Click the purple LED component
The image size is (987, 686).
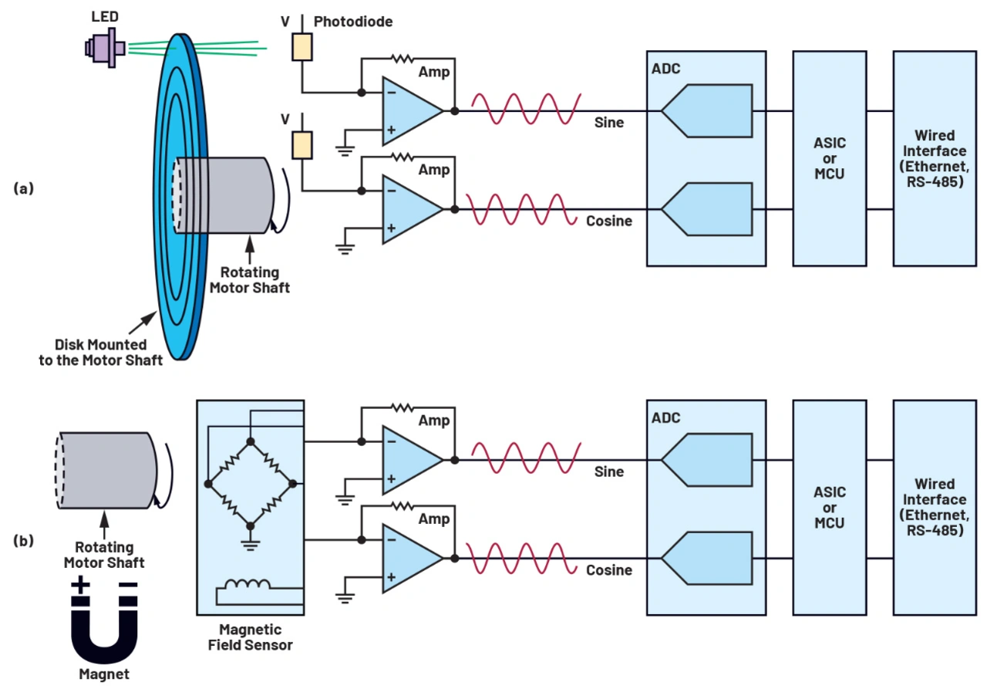pos(106,47)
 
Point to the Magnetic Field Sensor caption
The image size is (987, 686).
pos(251,637)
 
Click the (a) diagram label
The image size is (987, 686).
pos(24,188)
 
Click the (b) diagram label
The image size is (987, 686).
pos(24,540)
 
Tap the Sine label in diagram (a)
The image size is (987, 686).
pos(609,123)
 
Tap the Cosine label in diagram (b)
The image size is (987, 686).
pos(609,570)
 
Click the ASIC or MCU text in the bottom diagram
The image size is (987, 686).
pos(830,507)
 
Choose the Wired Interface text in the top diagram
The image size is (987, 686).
pos(935,159)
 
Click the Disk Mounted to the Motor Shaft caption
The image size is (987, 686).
pos(101,353)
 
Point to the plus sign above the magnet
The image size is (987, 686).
pos(80,584)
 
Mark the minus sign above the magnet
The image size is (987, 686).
pos(128,584)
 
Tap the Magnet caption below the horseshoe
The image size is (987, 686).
pos(104,674)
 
